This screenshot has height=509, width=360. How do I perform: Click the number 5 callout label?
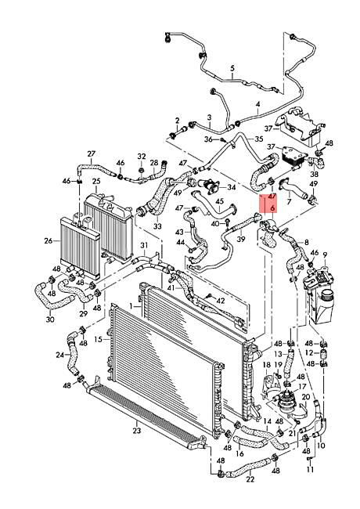tap(232, 69)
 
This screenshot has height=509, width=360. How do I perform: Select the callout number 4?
tap(257, 103)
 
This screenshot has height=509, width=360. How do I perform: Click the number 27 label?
tap(91, 153)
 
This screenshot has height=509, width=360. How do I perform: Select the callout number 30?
tap(50, 319)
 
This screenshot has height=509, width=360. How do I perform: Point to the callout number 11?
tap(309, 470)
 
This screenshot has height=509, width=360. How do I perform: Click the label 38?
tap(315, 174)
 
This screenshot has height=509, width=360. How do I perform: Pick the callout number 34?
tap(231, 188)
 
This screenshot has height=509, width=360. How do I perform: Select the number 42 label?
tap(220, 301)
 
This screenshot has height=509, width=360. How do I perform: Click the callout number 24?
tap(59, 355)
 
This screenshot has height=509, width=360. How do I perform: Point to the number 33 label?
tap(157, 227)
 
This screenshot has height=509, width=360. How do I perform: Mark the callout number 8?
tap(305, 243)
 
